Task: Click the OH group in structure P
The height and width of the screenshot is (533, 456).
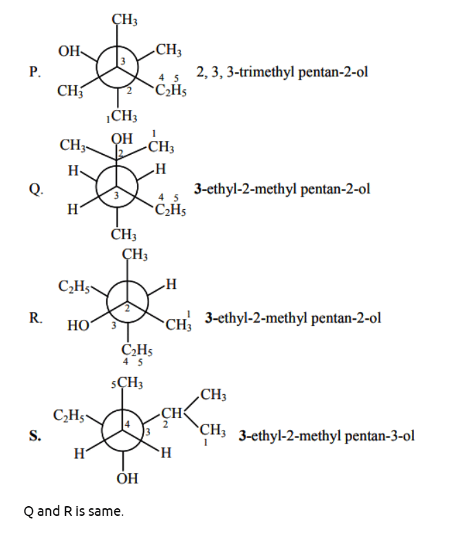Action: click(x=69, y=52)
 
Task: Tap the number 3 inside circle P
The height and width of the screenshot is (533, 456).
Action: click(x=123, y=61)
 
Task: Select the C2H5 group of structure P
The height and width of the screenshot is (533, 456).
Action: click(x=171, y=90)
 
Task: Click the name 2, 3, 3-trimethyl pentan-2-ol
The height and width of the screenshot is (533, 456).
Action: click(x=282, y=72)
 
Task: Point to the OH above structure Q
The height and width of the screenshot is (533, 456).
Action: click(x=122, y=139)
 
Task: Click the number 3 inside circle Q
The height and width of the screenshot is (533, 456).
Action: click(x=116, y=196)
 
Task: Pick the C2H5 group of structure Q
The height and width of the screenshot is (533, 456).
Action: click(x=171, y=210)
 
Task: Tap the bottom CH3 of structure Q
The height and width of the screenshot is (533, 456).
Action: click(x=124, y=235)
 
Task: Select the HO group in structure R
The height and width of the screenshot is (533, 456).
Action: click(x=78, y=325)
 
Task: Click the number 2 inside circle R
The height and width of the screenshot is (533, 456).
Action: click(x=127, y=309)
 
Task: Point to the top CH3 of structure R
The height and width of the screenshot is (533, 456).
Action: click(x=135, y=254)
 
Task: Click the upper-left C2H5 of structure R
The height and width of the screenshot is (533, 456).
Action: click(x=74, y=286)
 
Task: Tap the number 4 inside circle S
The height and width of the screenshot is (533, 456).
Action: click(x=127, y=424)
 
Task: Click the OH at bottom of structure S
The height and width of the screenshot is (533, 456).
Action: click(x=127, y=479)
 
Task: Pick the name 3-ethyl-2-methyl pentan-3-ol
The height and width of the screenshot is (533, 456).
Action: click(x=327, y=436)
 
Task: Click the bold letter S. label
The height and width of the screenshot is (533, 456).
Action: click(x=35, y=435)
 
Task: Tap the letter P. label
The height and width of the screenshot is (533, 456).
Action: click(x=35, y=72)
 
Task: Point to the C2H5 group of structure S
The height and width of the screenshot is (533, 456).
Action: click(x=69, y=415)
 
